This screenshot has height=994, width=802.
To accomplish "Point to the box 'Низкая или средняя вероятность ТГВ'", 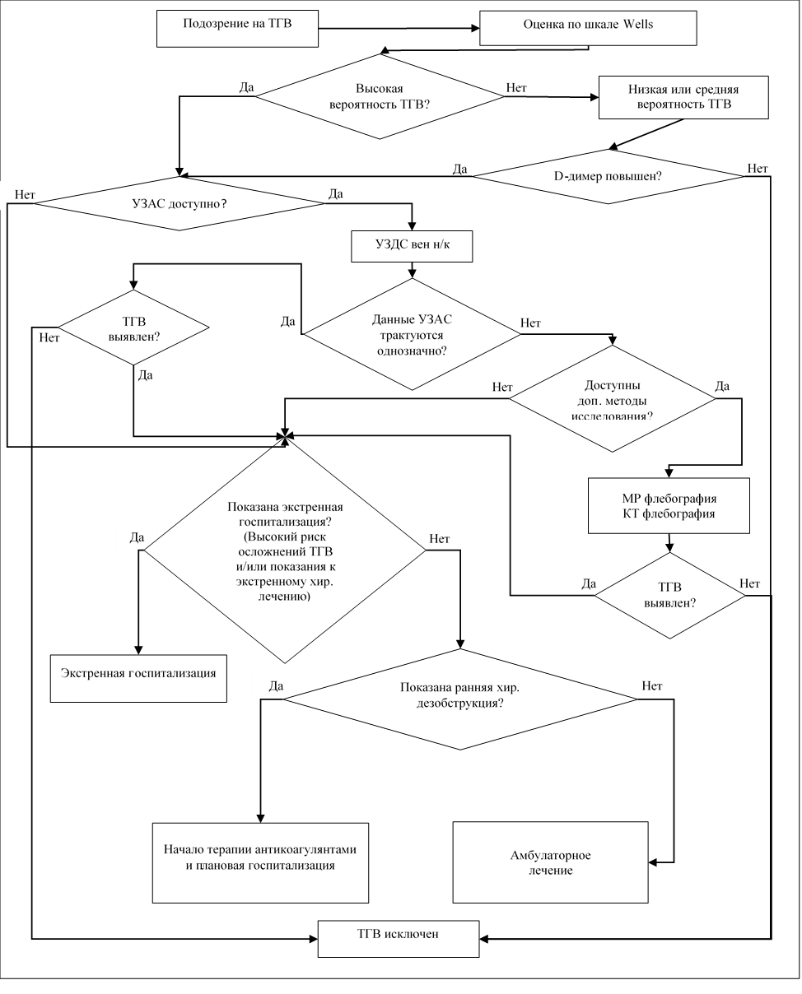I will tap(683, 98).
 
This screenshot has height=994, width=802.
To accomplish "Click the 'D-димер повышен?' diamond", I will tap(608, 176).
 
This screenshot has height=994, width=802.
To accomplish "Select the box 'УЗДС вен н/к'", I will tap(412, 246).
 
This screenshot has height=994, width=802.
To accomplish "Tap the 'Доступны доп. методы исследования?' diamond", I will tap(612, 399).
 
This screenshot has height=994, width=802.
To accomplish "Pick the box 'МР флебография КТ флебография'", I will tap(669, 506).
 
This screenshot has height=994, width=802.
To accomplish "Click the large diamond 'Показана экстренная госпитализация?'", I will tap(284, 550).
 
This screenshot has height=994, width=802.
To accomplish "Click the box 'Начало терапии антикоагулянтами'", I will tap(260, 861).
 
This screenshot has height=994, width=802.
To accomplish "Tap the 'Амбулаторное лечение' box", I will tap(550, 862).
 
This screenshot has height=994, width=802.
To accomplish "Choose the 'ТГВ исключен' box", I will tap(399, 938).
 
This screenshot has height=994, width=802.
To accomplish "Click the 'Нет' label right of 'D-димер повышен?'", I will tap(758, 169).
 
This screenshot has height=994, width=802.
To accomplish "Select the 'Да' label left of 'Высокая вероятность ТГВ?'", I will tap(245, 86).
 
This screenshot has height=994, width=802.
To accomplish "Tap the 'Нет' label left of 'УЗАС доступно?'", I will tap(25, 195).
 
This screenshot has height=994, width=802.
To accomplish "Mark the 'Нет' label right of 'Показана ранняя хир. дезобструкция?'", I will tap(651, 685).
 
